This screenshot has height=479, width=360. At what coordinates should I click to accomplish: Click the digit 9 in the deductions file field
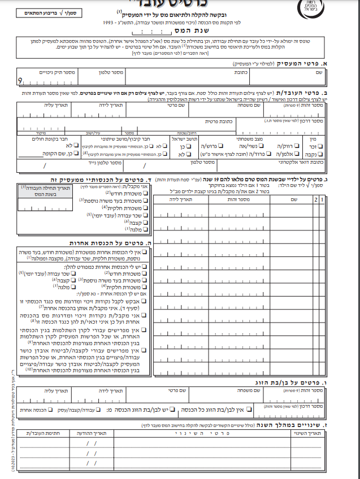pyautogui.click(x=21, y=82)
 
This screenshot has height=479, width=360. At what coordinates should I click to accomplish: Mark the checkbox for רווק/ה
pyautogui.click(x=298, y=145)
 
